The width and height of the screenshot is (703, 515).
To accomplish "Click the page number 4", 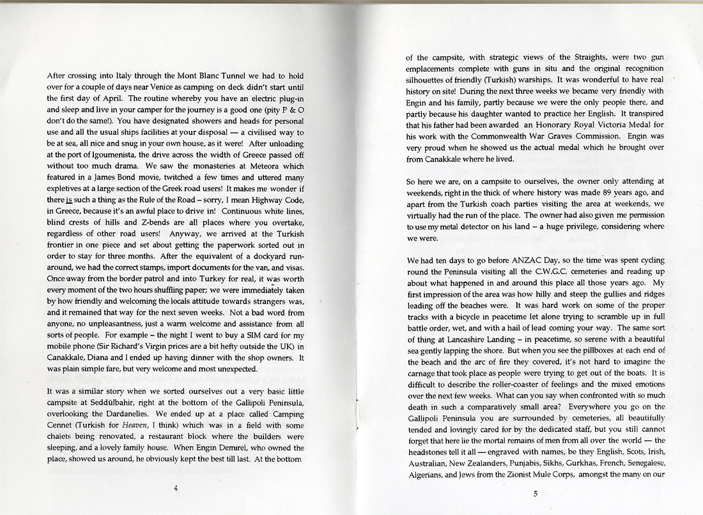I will (175, 488).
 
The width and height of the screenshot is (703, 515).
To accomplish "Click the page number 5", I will (535, 493).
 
